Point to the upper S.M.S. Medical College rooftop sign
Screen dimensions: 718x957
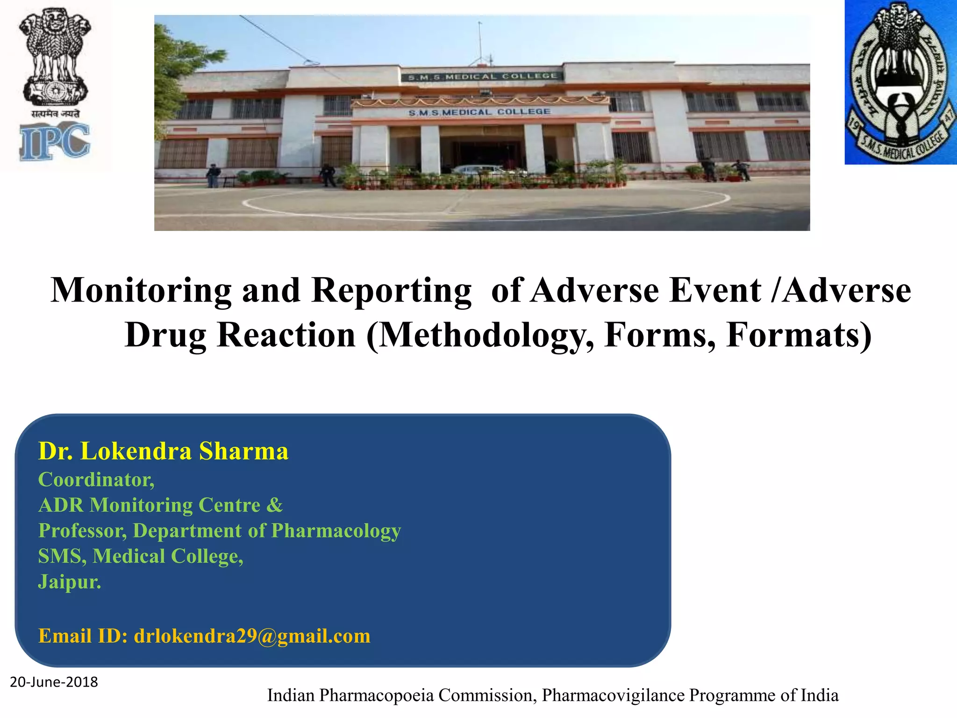click(482, 77)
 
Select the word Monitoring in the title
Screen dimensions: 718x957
click(141, 291)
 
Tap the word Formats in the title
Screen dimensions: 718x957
click(798, 336)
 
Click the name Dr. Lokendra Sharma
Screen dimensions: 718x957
click(163, 452)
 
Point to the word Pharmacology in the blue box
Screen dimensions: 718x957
click(336, 531)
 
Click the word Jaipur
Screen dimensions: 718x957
click(69, 582)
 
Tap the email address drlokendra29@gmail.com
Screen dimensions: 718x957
click(252, 636)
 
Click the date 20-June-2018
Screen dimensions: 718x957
click(54, 682)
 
